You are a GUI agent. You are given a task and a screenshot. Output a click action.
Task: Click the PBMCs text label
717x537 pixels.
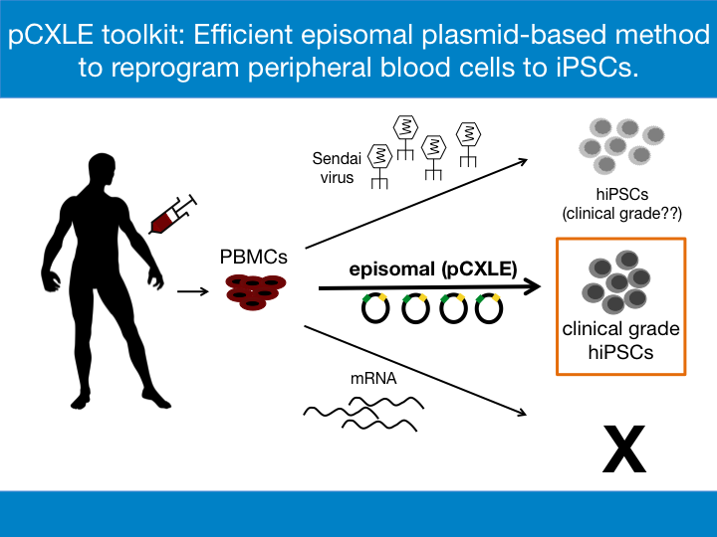point(253,257)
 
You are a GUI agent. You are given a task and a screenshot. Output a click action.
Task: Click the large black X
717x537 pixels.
point(624,448)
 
